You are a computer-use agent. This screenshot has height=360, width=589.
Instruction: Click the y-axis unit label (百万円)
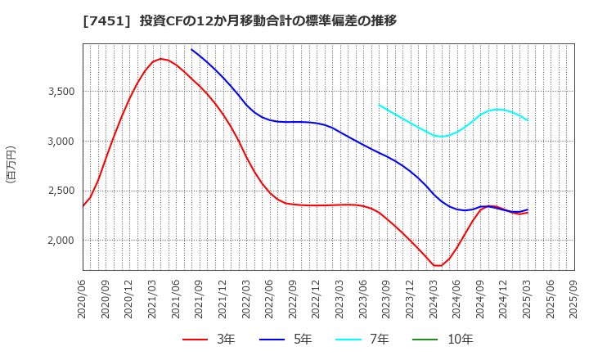pos(11,164)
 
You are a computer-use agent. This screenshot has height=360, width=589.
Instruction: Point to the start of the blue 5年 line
pos(191,49)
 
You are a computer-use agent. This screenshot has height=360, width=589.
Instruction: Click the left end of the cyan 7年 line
pos(379,105)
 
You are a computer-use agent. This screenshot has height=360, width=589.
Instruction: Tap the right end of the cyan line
pos(528,120)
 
